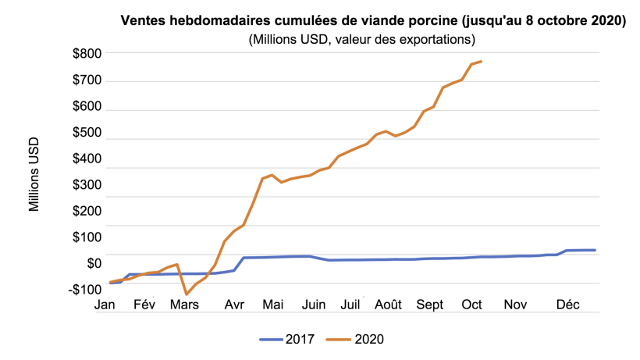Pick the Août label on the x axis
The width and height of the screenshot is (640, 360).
[x=387, y=305]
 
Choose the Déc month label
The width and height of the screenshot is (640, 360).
[x=567, y=305]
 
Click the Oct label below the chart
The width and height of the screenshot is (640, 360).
[x=472, y=305]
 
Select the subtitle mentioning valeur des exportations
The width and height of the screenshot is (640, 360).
[x=362, y=38]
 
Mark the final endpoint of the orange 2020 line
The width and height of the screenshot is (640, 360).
[x=481, y=62]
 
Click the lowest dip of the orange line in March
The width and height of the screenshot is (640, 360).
[x=187, y=294]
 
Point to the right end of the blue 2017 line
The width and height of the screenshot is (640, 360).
[x=595, y=250]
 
